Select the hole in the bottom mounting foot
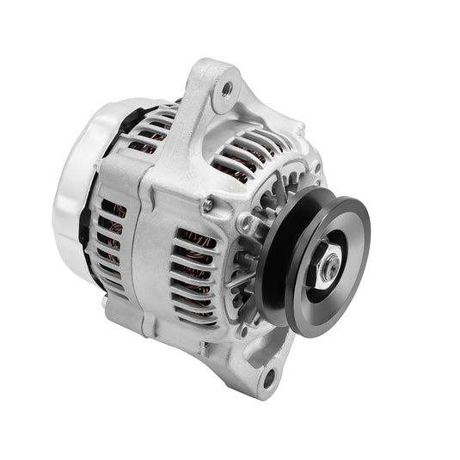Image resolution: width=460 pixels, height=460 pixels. point(269,375)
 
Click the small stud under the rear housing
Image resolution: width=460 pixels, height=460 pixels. point(104,302)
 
